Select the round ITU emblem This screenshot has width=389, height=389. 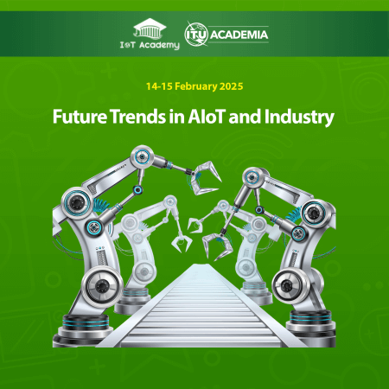tap(194, 35)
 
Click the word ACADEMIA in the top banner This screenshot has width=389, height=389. tap(241, 35)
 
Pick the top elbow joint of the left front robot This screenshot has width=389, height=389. tap(138, 158)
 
